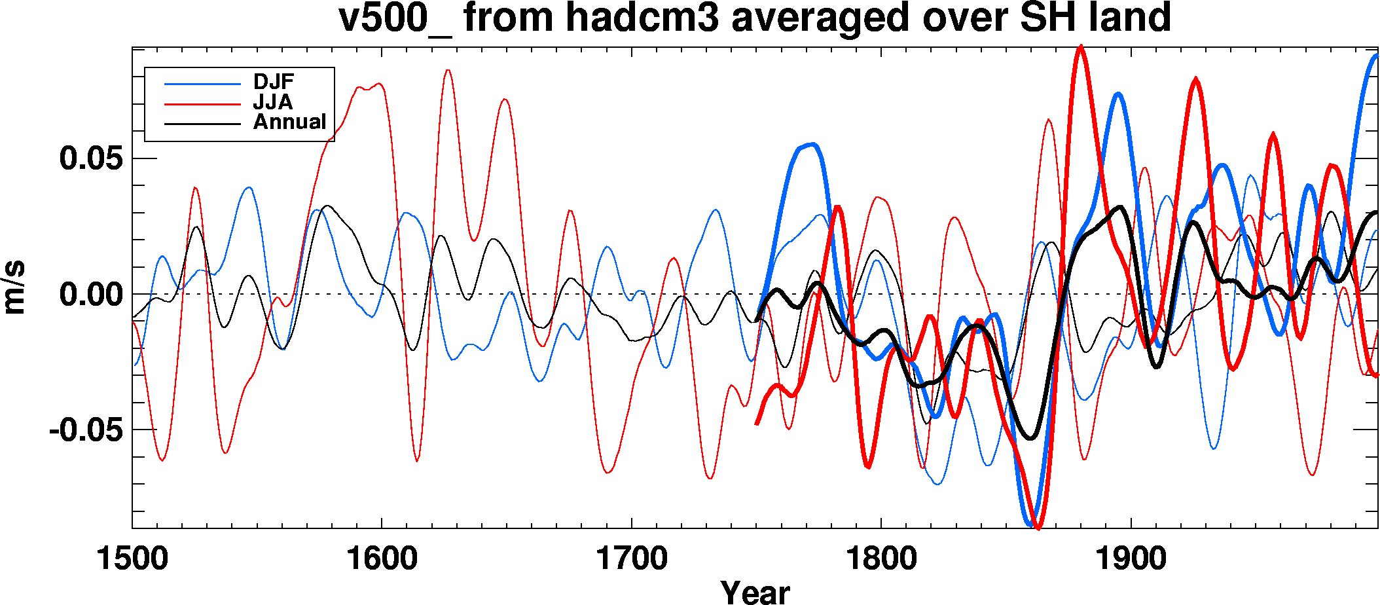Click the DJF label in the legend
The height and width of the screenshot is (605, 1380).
click(x=274, y=82)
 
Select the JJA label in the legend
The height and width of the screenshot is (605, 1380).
click(x=273, y=102)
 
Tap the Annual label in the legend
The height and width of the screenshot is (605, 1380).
click(x=289, y=122)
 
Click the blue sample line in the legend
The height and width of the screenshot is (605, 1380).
click(x=202, y=84)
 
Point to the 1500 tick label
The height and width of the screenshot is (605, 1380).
click(x=132, y=559)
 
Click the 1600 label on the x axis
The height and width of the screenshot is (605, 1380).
click(x=382, y=559)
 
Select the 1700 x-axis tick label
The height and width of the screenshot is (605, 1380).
click(x=631, y=559)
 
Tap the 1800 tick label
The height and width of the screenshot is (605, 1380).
click(x=881, y=559)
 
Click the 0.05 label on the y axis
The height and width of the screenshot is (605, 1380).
click(x=91, y=158)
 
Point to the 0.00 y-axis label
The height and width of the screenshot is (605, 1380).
click(x=91, y=294)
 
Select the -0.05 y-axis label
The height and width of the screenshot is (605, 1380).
click(x=86, y=430)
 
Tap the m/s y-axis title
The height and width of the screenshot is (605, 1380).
click(x=14, y=287)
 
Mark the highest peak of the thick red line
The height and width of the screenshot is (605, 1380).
click(x=1080, y=46)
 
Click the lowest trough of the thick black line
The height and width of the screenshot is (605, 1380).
click(x=1031, y=438)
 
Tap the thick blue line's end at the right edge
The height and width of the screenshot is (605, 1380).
click(x=1376, y=56)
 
